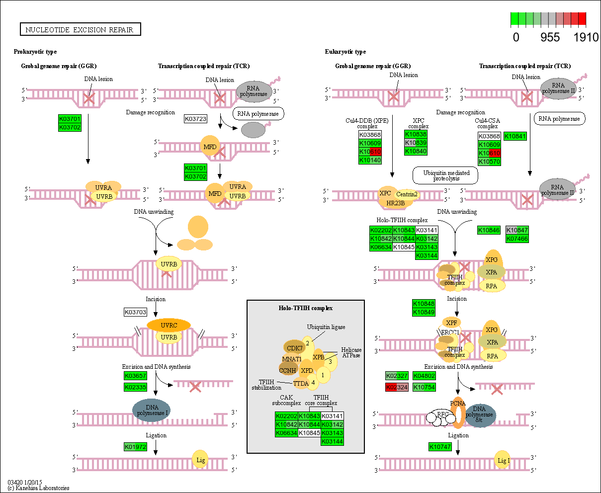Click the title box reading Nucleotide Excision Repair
tap(80, 29)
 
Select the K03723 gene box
tap(195, 119)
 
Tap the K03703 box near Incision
tap(135, 312)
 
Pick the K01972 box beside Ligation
tap(135, 447)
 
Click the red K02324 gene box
tap(396, 387)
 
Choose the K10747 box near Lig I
tap(440, 447)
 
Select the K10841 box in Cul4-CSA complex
tap(515, 136)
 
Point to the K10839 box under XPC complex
tap(416, 143)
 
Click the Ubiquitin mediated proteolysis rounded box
tap(445, 175)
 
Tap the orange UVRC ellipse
tap(169, 325)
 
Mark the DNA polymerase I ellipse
tap(151, 411)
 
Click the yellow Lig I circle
tap(503, 460)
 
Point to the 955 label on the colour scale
tap(550, 38)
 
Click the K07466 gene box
tap(517, 239)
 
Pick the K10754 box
tap(424, 387)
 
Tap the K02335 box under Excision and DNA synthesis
tap(135, 387)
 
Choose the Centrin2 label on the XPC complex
tap(407, 194)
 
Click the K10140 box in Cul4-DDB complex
tap(370, 160)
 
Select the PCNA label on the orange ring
tap(457, 404)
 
